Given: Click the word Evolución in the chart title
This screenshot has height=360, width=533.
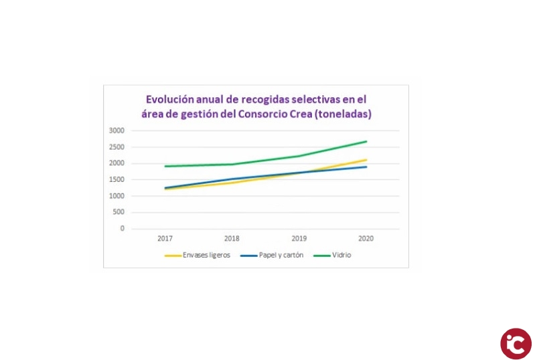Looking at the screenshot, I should point(171,100).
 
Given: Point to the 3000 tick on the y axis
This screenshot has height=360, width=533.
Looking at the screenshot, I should point(117,130).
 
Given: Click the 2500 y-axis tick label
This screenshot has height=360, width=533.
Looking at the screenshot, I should point(117,147).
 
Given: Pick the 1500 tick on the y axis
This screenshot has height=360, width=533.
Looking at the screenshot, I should point(117,179).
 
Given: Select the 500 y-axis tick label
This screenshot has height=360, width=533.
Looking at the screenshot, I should point(119,212).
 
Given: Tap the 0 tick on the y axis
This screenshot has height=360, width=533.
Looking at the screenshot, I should point(122,229).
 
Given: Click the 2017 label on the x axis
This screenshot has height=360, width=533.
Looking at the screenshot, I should point(165,238).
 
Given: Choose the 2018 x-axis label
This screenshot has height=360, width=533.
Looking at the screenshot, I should point(232,238).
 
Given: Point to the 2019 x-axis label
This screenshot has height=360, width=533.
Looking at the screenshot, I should point(299,238).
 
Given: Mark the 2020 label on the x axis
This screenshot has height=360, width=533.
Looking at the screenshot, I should point(366,238).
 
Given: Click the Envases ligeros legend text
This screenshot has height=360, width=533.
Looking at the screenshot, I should point(206,256).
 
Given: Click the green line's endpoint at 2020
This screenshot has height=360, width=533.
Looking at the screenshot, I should point(366,141).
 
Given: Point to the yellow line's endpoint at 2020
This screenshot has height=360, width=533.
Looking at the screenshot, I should point(366,159).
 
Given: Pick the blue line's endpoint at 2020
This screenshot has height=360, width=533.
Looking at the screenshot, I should point(366,167).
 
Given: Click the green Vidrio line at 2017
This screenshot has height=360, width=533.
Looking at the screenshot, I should point(165,166).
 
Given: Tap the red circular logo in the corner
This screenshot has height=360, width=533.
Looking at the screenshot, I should point(516,343).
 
